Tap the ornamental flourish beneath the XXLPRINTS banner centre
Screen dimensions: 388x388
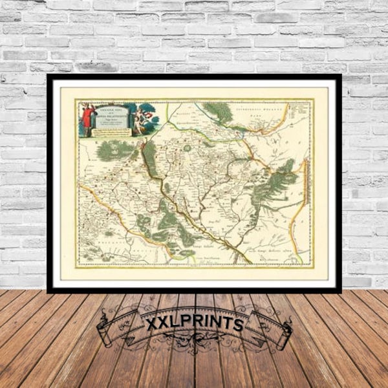[x=195, y=349]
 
